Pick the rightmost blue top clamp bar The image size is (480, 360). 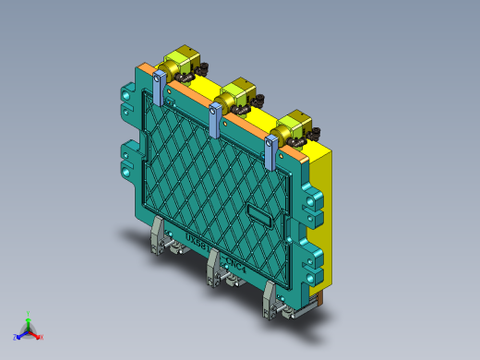tap(271, 152)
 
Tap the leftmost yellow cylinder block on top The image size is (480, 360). tap(179, 62)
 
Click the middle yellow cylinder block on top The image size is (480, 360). tap(237, 91)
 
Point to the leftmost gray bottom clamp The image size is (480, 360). tap(159, 237)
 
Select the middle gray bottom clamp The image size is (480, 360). tap(214, 268)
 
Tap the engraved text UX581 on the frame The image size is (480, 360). tap(198, 242)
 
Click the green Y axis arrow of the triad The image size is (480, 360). tap(28, 317)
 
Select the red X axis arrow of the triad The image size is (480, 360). tap(39, 337)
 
